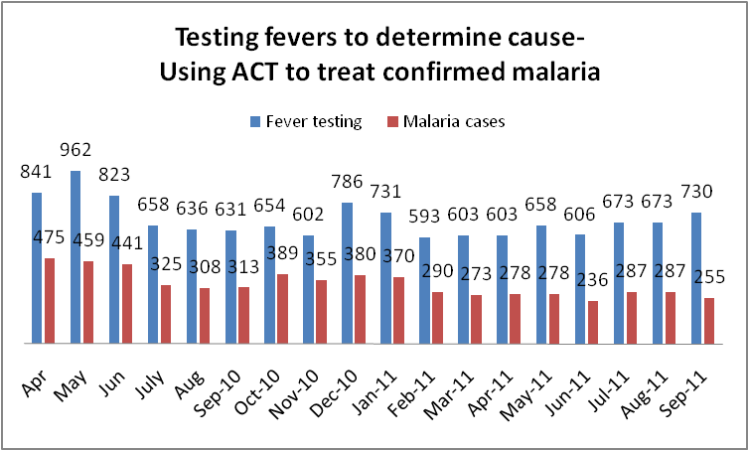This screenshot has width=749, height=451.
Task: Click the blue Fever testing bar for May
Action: (x=75, y=257)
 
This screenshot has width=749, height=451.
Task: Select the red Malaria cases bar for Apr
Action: (x=50, y=301)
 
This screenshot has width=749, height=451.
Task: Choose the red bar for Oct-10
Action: (x=282, y=309)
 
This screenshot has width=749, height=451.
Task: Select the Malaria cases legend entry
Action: (x=441, y=121)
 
